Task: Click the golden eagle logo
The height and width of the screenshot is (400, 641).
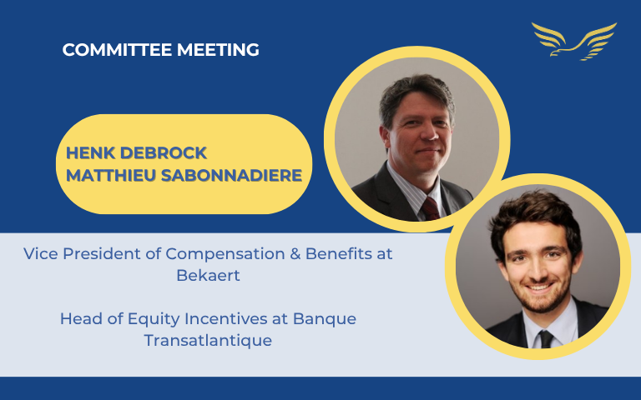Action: (x=574, y=41)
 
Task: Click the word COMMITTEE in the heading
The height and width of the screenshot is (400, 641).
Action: (x=117, y=50)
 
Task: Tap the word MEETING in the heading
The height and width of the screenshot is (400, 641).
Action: (x=218, y=50)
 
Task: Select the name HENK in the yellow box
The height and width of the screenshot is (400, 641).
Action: (x=90, y=153)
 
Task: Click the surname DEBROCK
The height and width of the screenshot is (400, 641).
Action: (x=163, y=153)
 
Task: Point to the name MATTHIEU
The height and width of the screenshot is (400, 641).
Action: (x=111, y=176)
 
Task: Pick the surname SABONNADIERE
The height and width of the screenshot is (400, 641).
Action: (x=232, y=176)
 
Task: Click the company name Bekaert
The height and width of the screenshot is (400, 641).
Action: (x=208, y=275)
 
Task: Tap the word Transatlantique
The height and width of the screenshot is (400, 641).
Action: (x=208, y=340)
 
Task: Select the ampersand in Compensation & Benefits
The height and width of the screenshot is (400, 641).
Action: (x=295, y=254)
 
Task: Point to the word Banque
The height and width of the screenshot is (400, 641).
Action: (x=325, y=319)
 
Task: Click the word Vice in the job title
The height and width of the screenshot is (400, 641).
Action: (x=41, y=254)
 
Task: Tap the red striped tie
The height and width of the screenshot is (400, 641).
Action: (x=431, y=208)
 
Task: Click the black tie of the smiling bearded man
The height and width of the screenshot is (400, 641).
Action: (x=546, y=339)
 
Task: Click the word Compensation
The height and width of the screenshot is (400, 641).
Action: (x=225, y=254)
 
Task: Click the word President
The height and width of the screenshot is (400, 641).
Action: (x=101, y=254)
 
